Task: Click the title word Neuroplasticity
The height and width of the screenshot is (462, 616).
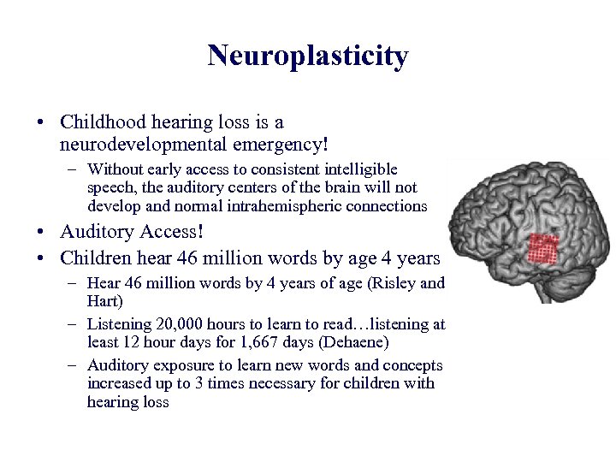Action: click(307, 56)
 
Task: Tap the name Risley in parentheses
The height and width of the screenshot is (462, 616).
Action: click(394, 284)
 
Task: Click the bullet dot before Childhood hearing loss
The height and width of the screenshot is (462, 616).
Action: click(42, 123)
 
